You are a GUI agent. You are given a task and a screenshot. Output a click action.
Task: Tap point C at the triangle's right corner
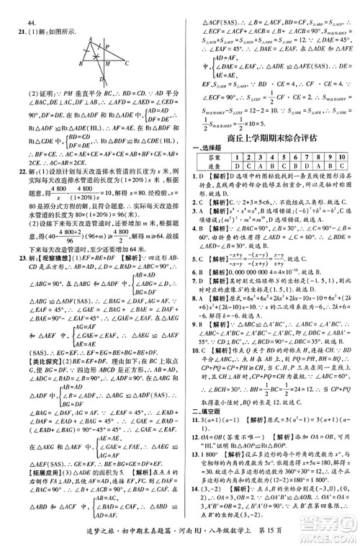pyautogui.click(x=126, y=63)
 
